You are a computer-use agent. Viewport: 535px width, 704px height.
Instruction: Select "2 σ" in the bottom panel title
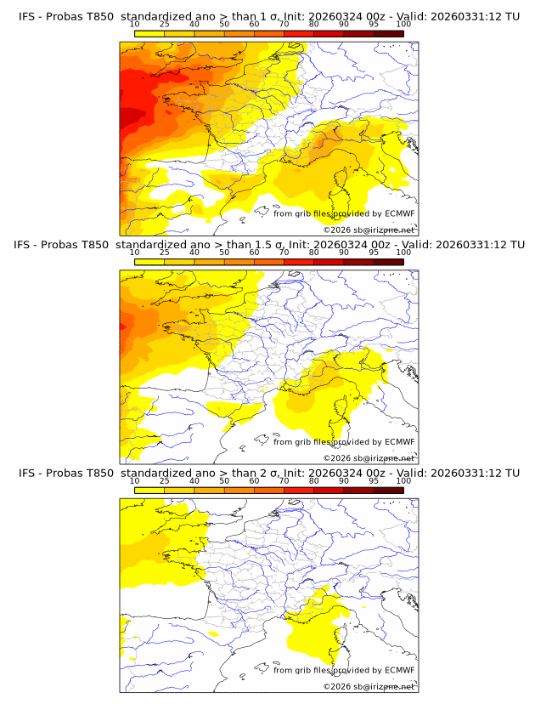coord(254,473)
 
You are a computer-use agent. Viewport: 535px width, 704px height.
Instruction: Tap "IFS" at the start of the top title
coord(28,16)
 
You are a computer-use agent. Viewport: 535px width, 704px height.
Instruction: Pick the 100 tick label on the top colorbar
coord(403,24)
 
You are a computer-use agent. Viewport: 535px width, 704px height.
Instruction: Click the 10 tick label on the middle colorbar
coord(135,253)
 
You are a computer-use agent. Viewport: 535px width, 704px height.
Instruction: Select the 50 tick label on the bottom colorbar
coord(224,480)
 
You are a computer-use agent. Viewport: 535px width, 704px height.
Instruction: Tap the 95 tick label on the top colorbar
coord(374,24)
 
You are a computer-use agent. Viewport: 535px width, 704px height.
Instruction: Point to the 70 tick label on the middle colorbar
coord(284,253)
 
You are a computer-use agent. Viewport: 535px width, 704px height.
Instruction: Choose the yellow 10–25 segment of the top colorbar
coord(149,32)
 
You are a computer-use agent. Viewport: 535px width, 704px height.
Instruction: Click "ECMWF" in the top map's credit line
coord(400,213)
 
